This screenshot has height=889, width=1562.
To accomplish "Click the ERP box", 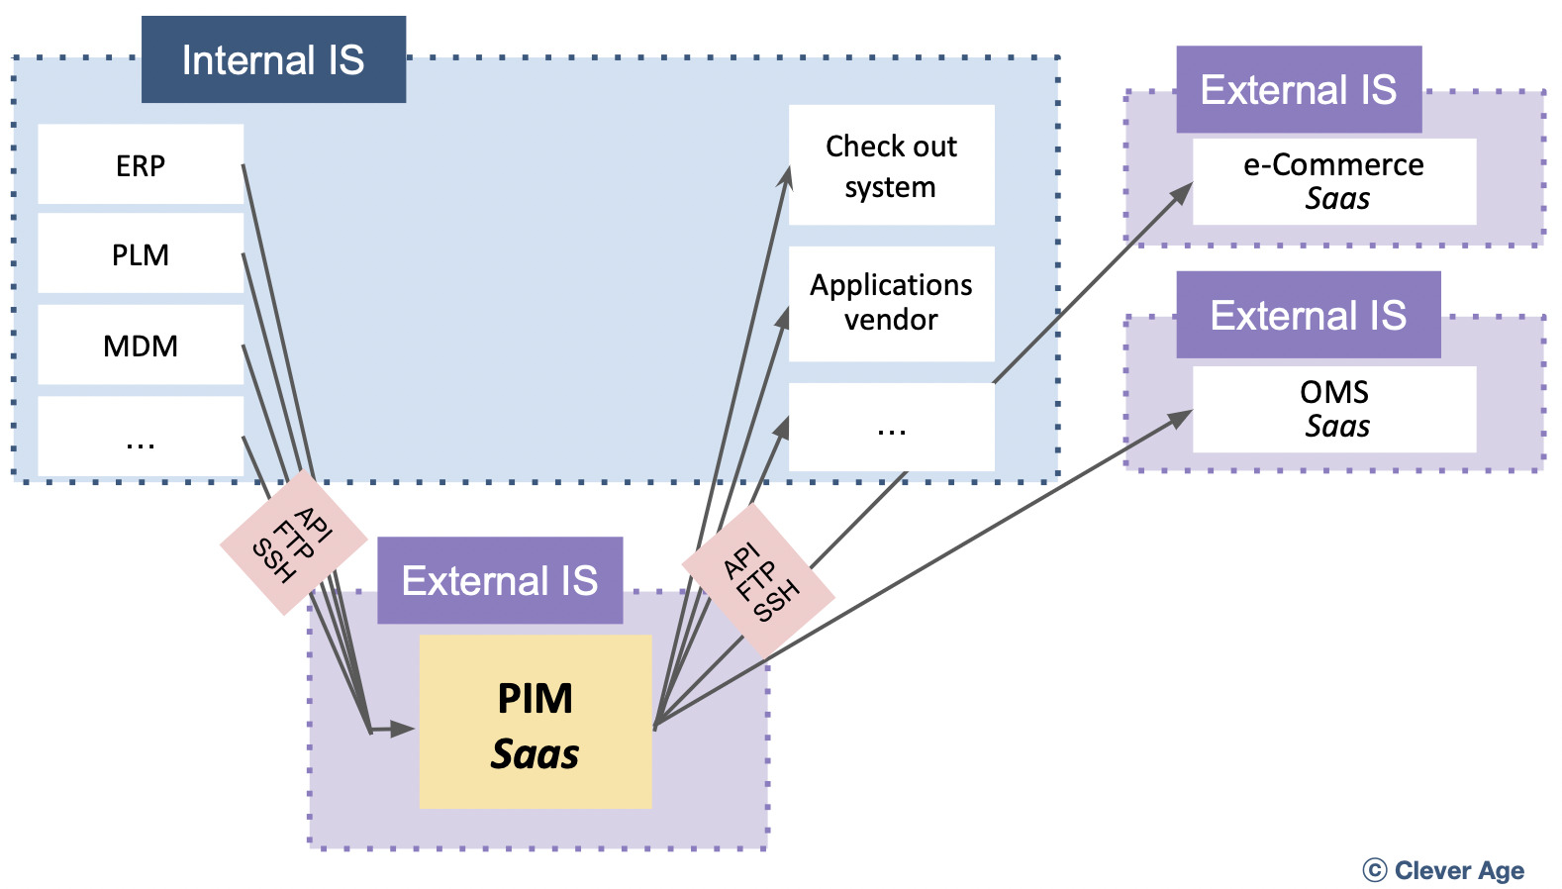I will pos(141,164).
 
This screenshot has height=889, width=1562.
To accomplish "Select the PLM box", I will pos(141,254).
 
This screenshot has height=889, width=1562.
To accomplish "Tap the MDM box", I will pos(141,346).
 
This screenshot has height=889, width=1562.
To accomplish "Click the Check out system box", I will pos(891,165).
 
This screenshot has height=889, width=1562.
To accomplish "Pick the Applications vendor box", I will pos(891,303).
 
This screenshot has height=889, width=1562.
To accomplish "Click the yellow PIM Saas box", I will pos(536,723).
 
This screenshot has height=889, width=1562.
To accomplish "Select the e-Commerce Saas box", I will pos(1333,181).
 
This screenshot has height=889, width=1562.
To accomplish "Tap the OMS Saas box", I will pos(1333,409).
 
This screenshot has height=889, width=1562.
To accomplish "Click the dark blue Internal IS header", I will pos(273,59).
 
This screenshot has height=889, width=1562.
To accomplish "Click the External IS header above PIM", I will pos(500,580).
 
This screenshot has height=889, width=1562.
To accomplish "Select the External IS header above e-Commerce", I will pos(1299,89).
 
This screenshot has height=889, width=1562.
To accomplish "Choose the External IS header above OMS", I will pos(1308,315).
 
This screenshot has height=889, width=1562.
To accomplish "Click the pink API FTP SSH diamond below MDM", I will pos(293,543).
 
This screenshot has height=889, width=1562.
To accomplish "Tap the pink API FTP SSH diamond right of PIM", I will pos(758,580).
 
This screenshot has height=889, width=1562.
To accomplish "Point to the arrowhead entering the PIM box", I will pos(403,729).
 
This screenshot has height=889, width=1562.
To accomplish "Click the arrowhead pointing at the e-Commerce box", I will pos(1182,193).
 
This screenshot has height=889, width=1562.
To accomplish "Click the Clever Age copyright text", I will pos(1444,870).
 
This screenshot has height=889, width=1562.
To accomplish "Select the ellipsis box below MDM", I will pos(141,438).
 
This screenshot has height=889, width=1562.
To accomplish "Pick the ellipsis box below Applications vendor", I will pos(891,428).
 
